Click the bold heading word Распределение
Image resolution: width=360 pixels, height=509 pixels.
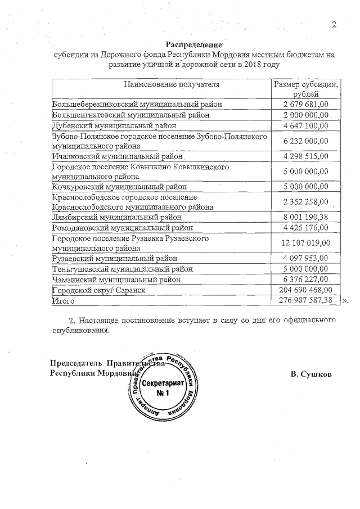click(x=194, y=44)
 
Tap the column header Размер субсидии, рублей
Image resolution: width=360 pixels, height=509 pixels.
click(x=305, y=89)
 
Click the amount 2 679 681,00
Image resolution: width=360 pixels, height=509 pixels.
click(x=305, y=105)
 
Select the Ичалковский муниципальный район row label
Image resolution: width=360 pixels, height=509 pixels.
click(x=118, y=156)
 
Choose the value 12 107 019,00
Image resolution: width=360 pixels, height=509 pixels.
click(x=305, y=243)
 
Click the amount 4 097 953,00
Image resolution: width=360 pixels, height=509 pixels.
click(x=305, y=259)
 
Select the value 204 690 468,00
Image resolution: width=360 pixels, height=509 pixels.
click(x=305, y=290)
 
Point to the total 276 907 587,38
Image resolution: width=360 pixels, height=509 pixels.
click(x=305, y=300)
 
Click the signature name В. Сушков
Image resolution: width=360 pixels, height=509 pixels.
click(x=312, y=374)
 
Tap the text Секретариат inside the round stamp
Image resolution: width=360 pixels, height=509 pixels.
click(x=163, y=383)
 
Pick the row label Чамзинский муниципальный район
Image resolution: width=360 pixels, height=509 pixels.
click(x=117, y=279)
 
